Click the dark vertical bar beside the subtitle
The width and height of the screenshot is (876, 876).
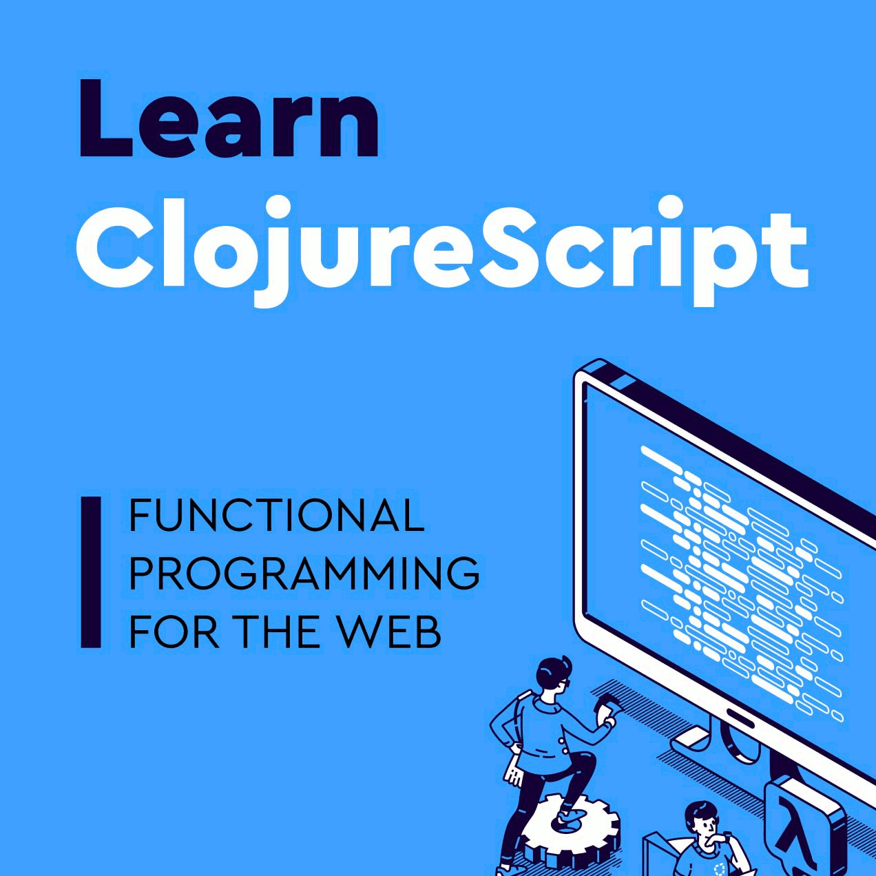pos(91,572)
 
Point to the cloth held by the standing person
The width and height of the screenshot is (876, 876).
pos(606,706)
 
